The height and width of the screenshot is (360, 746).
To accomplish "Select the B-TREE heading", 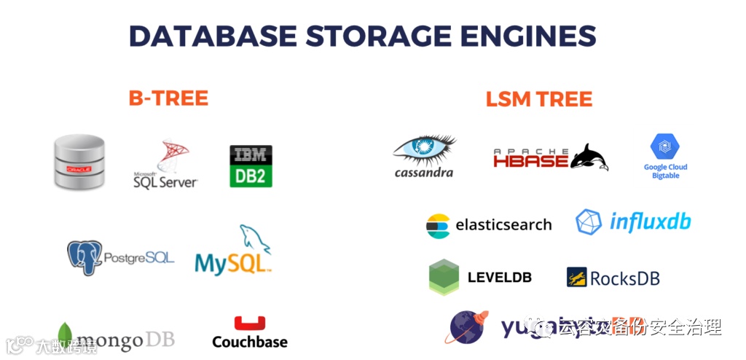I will [168, 98].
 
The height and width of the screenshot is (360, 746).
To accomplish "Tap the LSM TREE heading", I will [539, 99].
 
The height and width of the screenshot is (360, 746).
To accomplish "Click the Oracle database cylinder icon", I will [79, 162].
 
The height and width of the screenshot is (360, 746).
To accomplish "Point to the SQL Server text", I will [165, 181].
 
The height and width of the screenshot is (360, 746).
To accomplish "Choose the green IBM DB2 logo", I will [251, 166].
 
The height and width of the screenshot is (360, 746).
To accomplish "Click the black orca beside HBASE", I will [589, 157].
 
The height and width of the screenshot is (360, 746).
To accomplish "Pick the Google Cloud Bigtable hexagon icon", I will [665, 148].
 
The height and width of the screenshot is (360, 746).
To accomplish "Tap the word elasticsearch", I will [503, 225].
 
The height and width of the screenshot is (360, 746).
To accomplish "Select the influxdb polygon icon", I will [589, 222].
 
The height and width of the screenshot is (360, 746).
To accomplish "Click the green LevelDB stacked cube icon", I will [444, 277].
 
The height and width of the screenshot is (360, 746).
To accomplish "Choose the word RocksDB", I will [624, 278].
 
